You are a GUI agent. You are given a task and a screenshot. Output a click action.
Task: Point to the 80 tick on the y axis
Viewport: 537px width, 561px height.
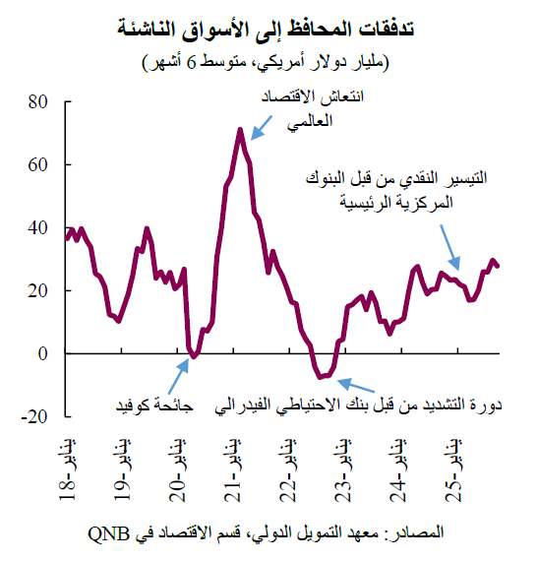pyautogui.click(x=38, y=101)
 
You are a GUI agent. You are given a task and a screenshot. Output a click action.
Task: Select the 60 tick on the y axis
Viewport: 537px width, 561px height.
pyautogui.click(x=38, y=164)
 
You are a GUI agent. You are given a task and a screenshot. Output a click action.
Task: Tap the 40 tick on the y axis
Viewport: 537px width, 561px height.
pyautogui.click(x=38, y=227)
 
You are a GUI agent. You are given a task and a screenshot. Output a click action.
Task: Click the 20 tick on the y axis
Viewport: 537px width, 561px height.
pyautogui.click(x=38, y=290)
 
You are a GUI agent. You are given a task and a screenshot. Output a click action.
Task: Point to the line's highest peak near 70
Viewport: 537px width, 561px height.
pyautogui.click(x=240, y=129)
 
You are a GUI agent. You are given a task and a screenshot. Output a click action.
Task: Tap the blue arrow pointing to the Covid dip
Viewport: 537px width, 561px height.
pyautogui.click(x=182, y=371)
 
